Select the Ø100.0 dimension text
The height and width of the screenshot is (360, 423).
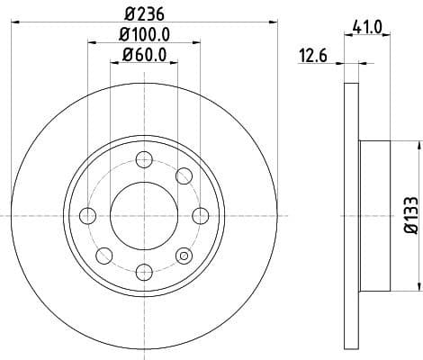point(143,35)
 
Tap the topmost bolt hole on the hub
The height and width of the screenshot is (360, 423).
point(143,160)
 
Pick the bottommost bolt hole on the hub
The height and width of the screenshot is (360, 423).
point(143,270)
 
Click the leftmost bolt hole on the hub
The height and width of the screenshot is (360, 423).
point(88,215)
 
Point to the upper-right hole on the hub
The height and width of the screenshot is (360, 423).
point(183,175)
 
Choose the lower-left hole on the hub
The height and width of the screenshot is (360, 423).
point(104,254)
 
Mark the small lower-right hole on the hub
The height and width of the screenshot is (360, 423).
point(184,256)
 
